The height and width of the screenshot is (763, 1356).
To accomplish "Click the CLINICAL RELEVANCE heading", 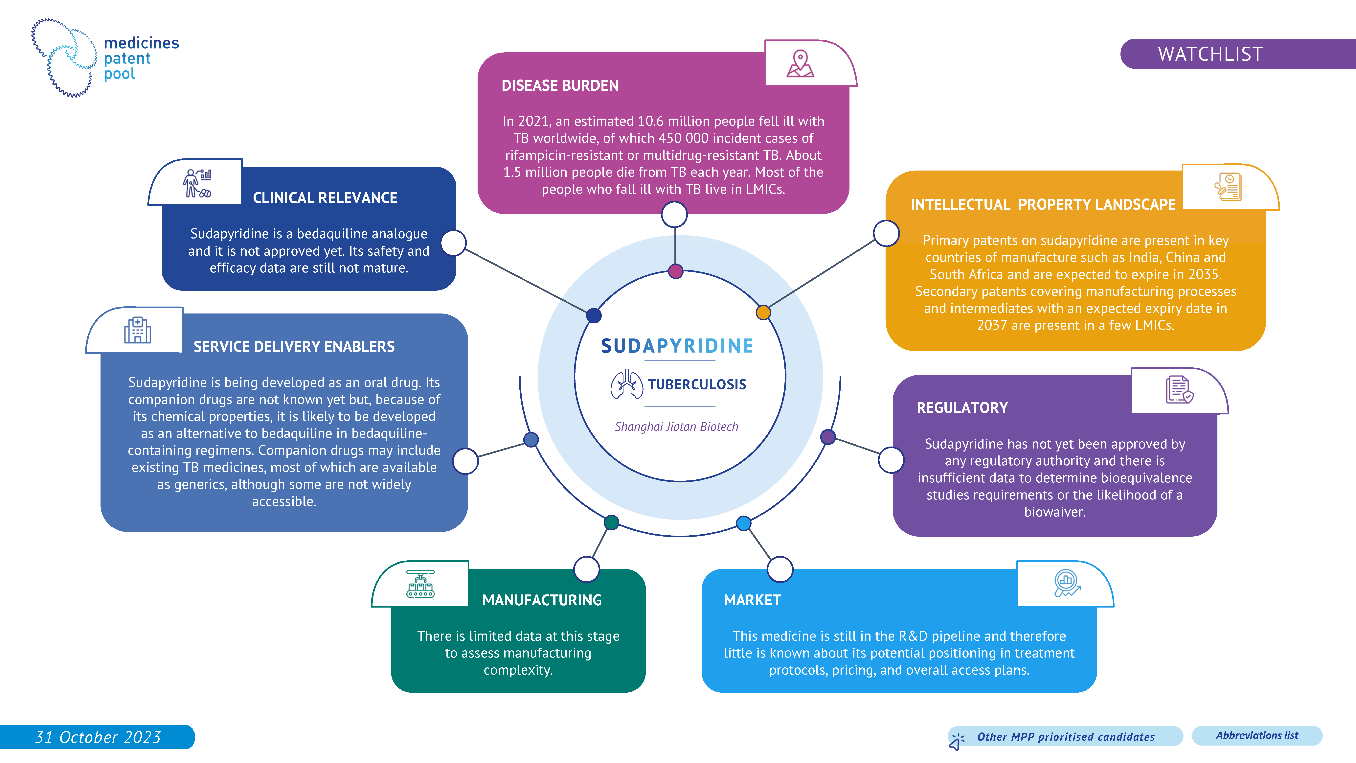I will (325, 198).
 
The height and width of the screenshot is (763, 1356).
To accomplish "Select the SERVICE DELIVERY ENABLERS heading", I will (294, 346).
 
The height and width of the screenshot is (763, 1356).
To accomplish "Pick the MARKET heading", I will (752, 600).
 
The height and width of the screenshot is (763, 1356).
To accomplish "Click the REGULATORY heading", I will (962, 407).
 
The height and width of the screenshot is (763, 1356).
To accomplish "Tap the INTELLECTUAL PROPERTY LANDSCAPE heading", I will (1043, 204).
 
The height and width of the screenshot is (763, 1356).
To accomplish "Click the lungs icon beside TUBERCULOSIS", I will (626, 384).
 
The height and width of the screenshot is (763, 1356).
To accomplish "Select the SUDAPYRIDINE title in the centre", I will (677, 346).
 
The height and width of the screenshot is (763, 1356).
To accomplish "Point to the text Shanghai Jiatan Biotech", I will (676, 427).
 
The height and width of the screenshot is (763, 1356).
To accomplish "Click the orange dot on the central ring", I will (763, 312).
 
